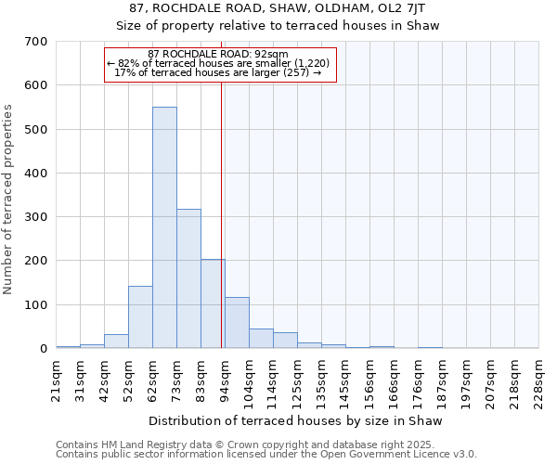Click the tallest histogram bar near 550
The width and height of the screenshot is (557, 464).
pos(164,227)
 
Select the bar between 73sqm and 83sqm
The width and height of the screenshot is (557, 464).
pos(188,278)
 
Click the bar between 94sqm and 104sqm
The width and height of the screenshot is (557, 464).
pos(237,323)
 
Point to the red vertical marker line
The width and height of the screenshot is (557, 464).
pos(221,213)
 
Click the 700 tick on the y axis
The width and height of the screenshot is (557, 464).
pos(36,42)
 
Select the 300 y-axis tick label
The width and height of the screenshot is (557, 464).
pos(36,217)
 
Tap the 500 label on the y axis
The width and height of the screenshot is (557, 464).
pos(36,130)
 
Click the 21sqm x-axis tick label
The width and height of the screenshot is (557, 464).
pos(56,378)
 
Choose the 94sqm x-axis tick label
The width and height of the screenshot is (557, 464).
pos(225,378)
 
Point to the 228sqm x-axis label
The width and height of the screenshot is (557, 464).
pos(538,378)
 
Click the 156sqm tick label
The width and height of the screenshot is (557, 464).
pos(369,378)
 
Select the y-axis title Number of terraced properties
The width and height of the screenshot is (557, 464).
pos(8,200)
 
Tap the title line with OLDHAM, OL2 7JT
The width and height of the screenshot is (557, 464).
pos(278,7)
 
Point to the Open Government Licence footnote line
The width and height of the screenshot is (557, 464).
pos(266,454)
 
